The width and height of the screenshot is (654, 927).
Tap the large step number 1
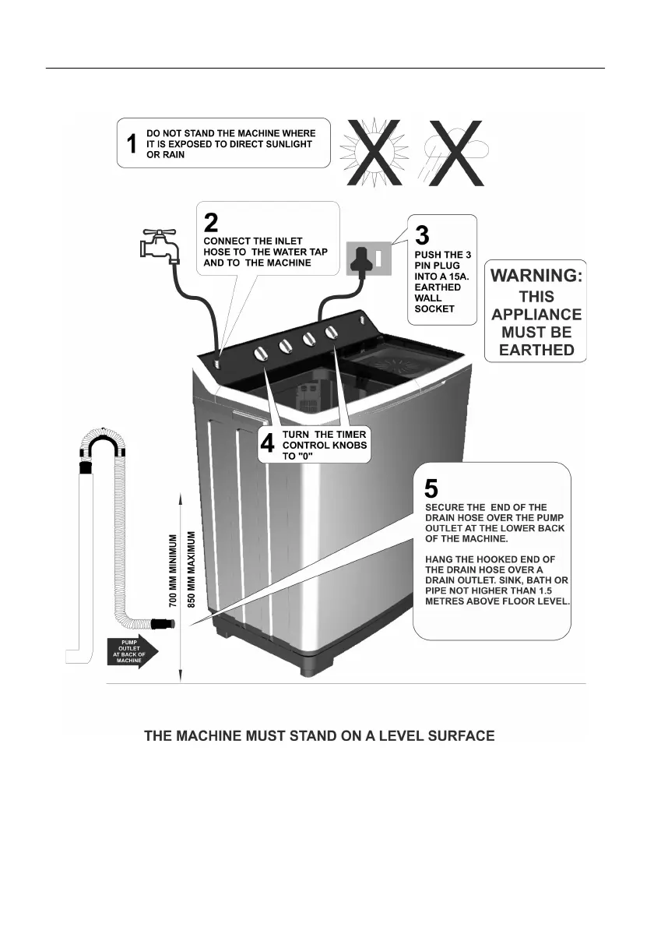[x=132, y=144]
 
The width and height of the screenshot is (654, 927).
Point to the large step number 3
[x=422, y=234]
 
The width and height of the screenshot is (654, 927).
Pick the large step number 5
[x=431, y=489]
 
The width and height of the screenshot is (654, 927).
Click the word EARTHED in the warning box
[x=536, y=350]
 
